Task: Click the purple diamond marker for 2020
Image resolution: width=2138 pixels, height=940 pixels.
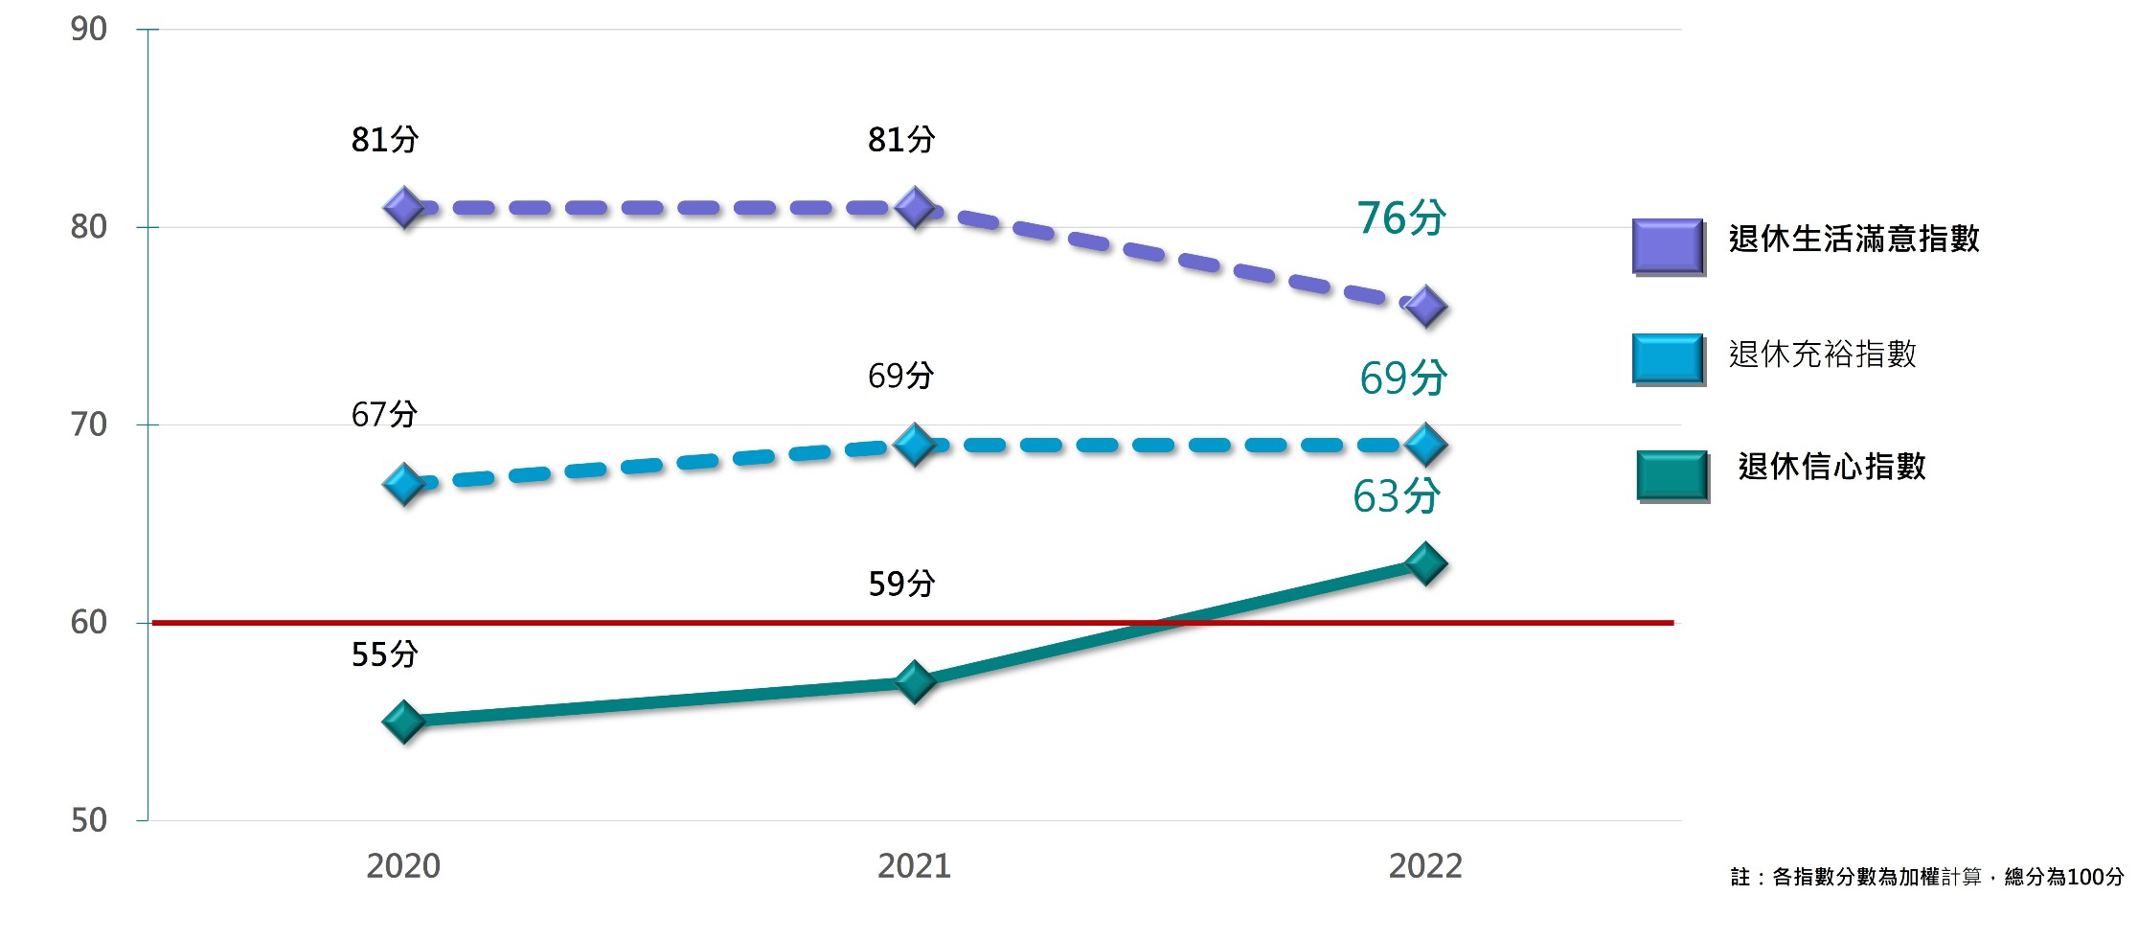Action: (x=403, y=207)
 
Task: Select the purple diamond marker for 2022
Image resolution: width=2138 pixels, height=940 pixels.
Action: (x=1425, y=307)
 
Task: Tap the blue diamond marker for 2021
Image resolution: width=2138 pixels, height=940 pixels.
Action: (x=915, y=445)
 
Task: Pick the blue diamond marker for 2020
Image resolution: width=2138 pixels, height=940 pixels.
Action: (x=403, y=484)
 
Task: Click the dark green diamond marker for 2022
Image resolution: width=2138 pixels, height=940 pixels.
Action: (x=1425, y=563)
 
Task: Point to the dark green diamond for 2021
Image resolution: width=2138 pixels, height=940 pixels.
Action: (x=915, y=681)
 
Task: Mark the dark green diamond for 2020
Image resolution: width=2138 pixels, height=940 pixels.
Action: (x=403, y=722)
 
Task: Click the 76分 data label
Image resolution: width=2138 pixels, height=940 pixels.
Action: (x=1401, y=218)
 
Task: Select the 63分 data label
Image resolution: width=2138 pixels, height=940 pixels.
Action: (x=1397, y=496)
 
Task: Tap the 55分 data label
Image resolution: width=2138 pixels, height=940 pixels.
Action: (x=385, y=654)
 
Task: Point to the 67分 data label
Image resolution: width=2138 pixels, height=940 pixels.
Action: (x=385, y=414)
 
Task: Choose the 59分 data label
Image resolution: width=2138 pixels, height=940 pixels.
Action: (x=901, y=583)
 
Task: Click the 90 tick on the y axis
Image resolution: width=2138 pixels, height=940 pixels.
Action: (x=89, y=29)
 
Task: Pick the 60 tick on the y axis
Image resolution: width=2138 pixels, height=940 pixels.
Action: (x=89, y=623)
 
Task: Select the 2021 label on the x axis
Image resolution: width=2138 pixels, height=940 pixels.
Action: (x=915, y=866)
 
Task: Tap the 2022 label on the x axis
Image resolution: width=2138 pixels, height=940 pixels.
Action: (x=1425, y=866)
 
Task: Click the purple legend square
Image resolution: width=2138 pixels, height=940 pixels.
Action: (x=1669, y=247)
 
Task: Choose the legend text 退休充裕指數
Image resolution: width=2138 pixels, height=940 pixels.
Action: (x=1823, y=354)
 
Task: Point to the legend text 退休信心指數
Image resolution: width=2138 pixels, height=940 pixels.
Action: (x=1831, y=467)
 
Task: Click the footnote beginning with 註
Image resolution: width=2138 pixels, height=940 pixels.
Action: (x=1927, y=877)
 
